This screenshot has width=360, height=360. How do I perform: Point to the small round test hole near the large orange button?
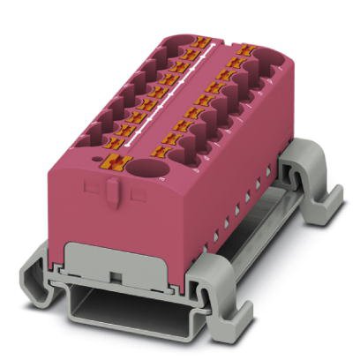coord(94,160)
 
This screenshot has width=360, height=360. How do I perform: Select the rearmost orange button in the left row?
coord(201,42)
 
